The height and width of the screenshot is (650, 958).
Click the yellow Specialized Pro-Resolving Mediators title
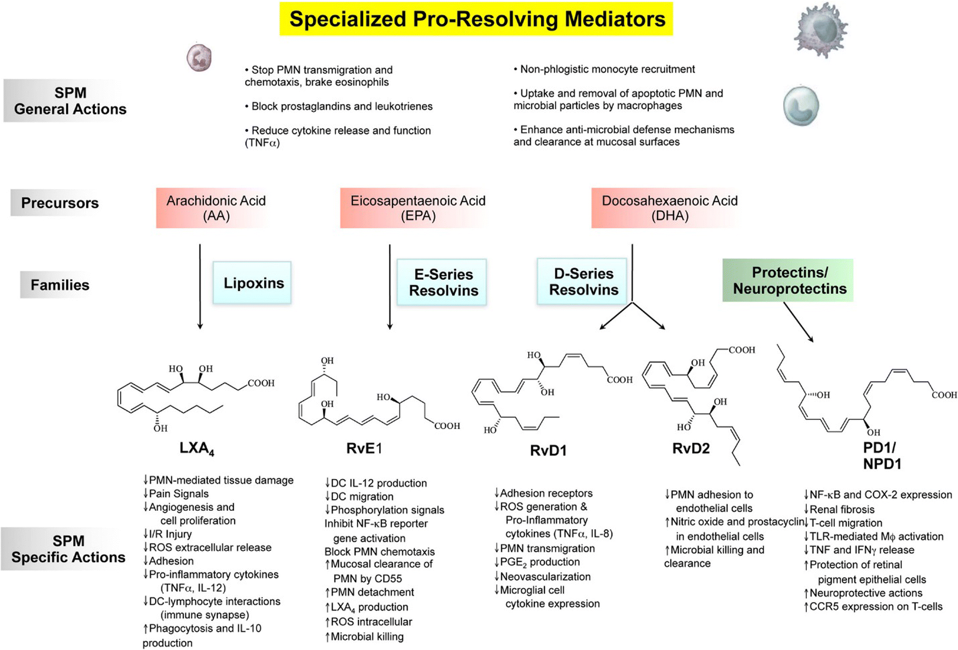(476, 19)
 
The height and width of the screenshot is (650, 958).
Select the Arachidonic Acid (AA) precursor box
(216, 208)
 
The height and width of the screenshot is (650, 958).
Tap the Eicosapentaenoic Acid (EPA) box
(418, 208)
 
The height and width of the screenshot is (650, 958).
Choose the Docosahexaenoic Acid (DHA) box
(669, 208)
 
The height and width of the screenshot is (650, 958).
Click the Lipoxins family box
(252, 283)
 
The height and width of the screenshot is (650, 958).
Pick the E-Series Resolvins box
(442, 283)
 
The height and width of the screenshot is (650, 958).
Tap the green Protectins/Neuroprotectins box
(788, 280)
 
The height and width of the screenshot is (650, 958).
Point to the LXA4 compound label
(196, 448)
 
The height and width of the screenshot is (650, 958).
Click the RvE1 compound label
(364, 448)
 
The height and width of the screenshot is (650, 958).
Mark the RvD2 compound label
(691, 449)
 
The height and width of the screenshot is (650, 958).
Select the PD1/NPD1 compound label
(881, 456)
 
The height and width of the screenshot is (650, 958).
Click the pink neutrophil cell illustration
(199, 58)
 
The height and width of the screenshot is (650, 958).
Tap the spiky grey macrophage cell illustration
(820, 29)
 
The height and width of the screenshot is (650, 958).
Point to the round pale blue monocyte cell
(801, 106)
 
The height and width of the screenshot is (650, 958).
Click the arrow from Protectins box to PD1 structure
(798, 322)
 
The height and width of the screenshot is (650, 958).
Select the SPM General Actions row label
(70, 101)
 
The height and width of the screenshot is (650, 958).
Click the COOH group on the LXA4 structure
(261, 383)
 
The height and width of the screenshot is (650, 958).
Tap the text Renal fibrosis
(841, 509)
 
